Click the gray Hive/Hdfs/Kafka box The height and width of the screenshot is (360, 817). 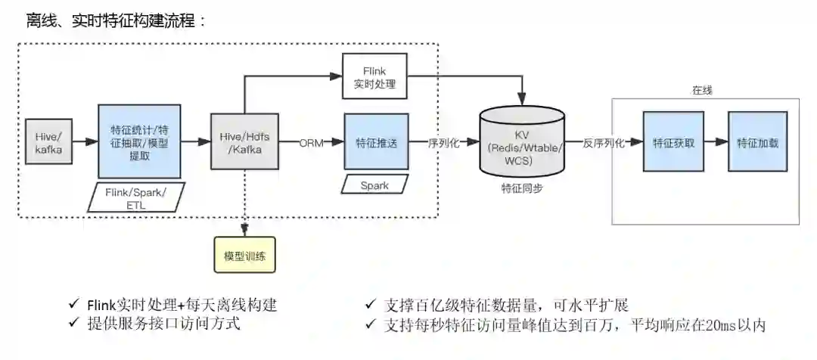click(244, 142)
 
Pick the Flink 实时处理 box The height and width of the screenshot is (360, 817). click(374, 76)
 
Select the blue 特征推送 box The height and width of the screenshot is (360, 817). click(376, 142)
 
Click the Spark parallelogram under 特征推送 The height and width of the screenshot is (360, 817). click(374, 185)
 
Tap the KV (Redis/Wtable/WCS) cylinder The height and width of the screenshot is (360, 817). click(522, 141)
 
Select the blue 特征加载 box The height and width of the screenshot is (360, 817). click(757, 142)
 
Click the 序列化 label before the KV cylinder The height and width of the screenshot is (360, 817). click(444, 143)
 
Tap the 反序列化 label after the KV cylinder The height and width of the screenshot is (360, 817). click(604, 143)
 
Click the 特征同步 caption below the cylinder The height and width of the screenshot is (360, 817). click(522, 188)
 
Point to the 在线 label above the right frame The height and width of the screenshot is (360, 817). click(702, 90)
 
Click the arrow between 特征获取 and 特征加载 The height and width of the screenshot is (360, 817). click(713, 142)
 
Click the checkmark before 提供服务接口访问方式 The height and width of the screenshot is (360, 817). click(73, 324)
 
